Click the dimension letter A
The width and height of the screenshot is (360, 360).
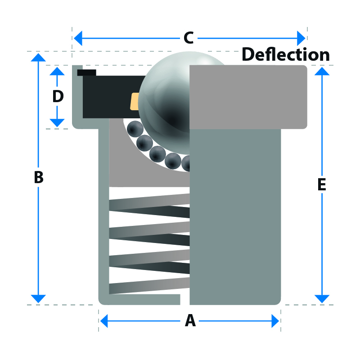click(x=190, y=321)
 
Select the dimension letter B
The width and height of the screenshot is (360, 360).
click(x=39, y=178)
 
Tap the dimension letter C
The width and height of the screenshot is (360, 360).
click(x=189, y=38)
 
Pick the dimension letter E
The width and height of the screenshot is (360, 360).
click(x=321, y=185)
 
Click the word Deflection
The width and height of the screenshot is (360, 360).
click(x=286, y=54)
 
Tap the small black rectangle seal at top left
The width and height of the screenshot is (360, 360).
click(x=86, y=72)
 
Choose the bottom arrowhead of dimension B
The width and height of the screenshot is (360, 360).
click(x=39, y=299)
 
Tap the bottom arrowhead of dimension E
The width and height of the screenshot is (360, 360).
click(x=321, y=299)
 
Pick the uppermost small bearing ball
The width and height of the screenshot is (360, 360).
click(x=134, y=130)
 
